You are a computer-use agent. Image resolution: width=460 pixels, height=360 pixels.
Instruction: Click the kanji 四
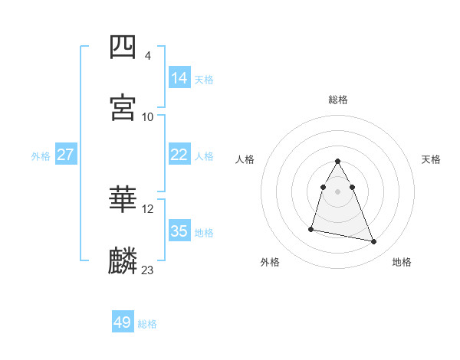123,48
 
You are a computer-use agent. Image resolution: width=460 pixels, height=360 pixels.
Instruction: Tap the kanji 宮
123,107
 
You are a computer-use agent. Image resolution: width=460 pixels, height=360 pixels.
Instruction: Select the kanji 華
123,201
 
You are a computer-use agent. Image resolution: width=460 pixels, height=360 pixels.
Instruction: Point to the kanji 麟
123,261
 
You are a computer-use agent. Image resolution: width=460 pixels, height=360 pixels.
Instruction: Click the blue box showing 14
179,77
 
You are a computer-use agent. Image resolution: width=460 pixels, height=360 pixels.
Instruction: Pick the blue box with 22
179,155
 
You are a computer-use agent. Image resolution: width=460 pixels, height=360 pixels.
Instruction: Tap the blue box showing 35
179,231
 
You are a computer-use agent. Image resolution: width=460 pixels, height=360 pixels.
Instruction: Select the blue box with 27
66,155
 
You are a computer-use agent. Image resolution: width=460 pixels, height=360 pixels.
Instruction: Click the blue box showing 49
122,322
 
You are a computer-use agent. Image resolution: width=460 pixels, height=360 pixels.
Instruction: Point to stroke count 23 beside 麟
147,270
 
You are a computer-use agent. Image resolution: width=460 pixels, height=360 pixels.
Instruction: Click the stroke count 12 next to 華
148,209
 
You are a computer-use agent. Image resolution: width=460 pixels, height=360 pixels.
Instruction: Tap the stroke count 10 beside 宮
148,116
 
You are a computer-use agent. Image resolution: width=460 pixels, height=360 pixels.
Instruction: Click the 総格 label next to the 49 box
147,324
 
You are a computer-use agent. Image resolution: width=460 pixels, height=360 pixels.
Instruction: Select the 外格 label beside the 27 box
41,156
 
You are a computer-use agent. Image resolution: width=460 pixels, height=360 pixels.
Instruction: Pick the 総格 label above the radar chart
338,100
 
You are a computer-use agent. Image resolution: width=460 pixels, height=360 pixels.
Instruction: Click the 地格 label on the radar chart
402,263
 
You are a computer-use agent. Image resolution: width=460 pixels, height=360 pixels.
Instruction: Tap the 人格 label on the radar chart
245,159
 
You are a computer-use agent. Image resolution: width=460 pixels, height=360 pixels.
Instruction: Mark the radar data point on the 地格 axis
374,242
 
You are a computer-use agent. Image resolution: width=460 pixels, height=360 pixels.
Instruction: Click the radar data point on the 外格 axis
311,228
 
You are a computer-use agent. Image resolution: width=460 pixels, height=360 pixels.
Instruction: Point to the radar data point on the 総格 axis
338,161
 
